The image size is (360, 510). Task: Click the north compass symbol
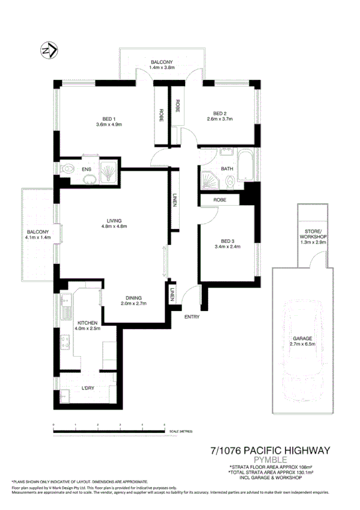click(49, 50)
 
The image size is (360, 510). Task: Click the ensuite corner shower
click(108, 171)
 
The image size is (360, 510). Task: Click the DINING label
click(134, 297)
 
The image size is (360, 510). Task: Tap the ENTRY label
click(192, 316)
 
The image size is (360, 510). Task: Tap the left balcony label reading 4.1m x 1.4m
click(37, 238)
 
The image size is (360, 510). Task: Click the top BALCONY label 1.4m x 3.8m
click(162, 68)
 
